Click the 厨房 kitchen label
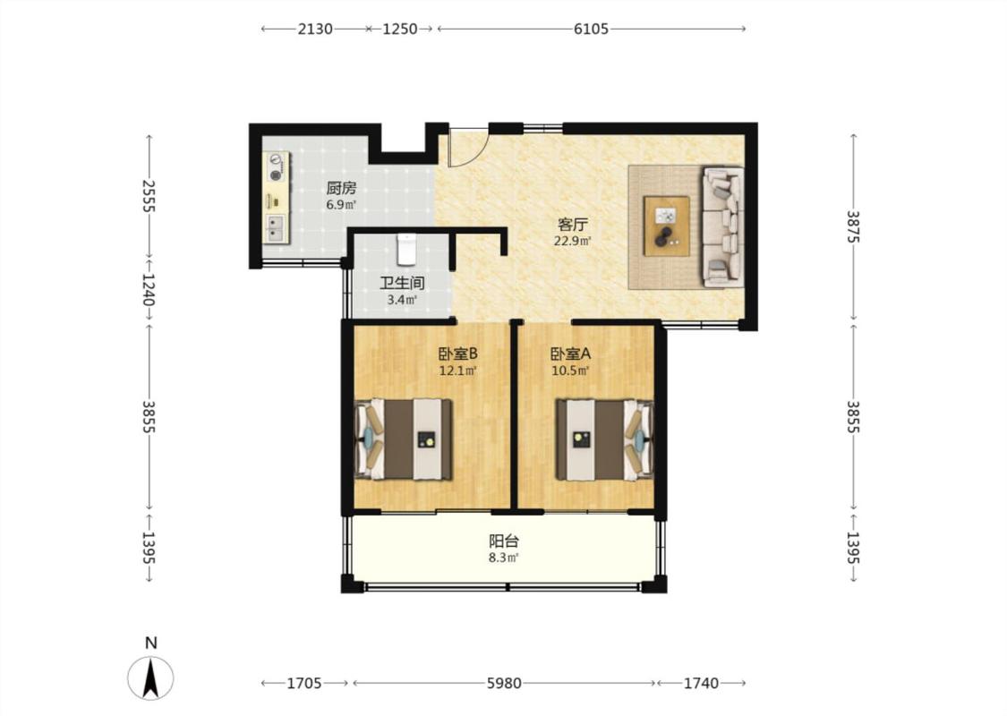[341, 188]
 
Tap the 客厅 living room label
[573, 225]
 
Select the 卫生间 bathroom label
[402, 283]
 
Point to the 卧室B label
[458, 354]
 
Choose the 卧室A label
[570, 354]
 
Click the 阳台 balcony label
[503, 541]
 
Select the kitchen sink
[277, 227]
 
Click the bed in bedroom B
[404, 439]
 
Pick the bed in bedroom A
[604, 439]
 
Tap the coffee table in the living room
[667, 226]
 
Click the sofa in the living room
[722, 226]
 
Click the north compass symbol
[151, 678]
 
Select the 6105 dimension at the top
[591, 29]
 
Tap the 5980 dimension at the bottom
[503, 683]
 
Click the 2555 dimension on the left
[149, 195]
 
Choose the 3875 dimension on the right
[853, 226]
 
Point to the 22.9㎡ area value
[573, 242]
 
